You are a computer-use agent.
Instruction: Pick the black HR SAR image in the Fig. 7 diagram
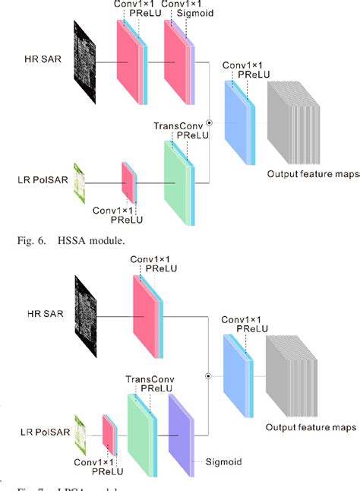pyautogui.click(x=87, y=313)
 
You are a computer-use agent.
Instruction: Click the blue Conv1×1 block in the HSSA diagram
pyautogui.click(x=238, y=121)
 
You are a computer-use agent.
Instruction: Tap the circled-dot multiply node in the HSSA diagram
pyautogui.click(x=210, y=121)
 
